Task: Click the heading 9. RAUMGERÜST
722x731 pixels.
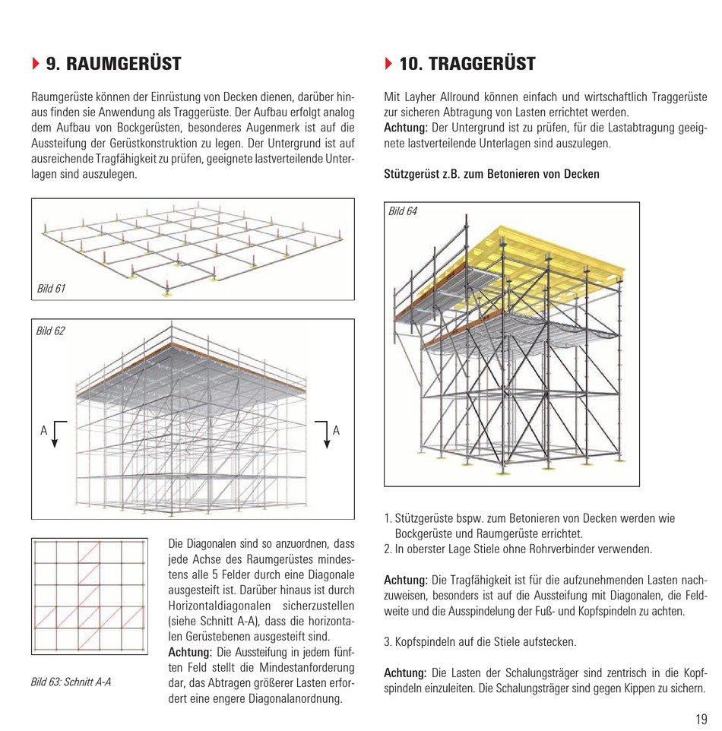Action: click(113, 64)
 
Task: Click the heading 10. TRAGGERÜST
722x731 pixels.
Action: click(467, 64)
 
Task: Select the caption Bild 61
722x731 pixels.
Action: click(51, 288)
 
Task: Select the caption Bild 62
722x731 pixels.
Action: click(51, 331)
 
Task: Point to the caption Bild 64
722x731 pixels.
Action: click(403, 211)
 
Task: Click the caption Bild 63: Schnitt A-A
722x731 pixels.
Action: click(71, 681)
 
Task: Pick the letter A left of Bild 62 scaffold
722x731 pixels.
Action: click(44, 431)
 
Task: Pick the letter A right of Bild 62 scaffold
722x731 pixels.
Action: click(336, 431)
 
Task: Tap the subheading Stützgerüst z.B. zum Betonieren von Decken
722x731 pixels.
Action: click(492, 174)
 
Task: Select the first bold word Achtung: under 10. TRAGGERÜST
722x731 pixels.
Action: click(406, 126)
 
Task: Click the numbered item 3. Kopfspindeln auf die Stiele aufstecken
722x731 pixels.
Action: click(480, 641)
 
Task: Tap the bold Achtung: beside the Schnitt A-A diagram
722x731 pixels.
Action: click(190, 652)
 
